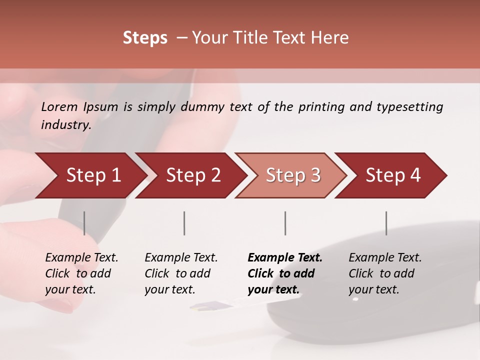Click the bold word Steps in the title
pos(145,38)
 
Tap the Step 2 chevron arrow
pos(192,175)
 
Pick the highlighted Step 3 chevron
pos(292,175)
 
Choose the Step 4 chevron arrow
pos(392,175)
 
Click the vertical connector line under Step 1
pos(84,223)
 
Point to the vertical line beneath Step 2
pos(184,223)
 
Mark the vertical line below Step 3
pos(285,223)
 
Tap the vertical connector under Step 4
pos(386,223)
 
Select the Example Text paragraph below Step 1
pos(81,273)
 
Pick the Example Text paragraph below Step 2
pos(180,273)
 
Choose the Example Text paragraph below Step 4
pos(384,273)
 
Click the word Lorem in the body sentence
pos(59,107)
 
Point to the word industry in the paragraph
pos(65,125)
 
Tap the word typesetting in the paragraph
pos(409,107)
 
